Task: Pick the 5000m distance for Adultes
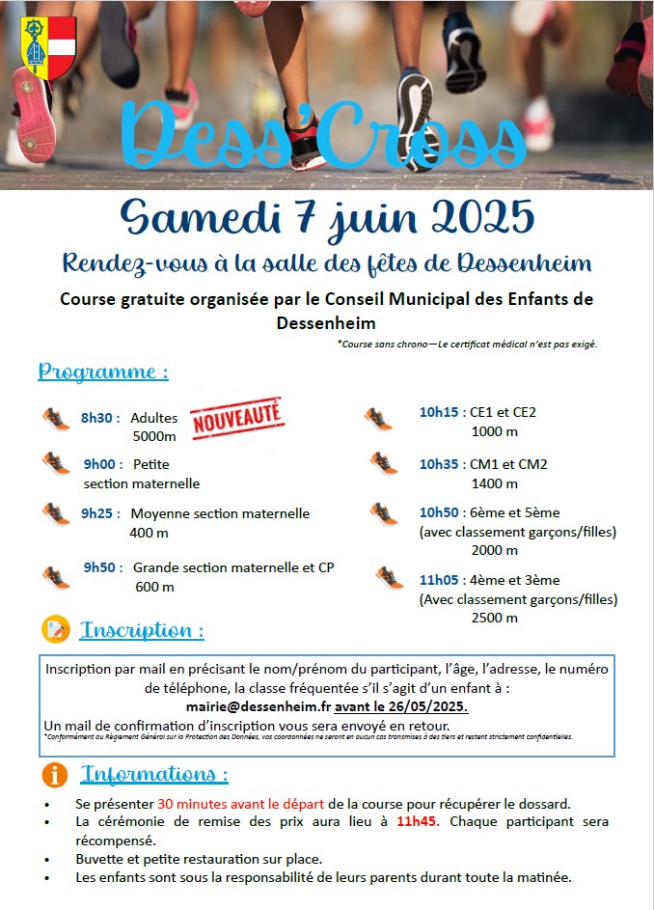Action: coord(153,436)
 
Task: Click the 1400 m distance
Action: coord(495,483)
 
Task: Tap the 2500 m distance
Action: coord(495,618)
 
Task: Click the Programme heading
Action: coord(103,372)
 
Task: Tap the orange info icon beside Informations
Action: coord(56,775)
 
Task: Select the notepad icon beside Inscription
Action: coord(56,630)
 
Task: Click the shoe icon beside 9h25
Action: coord(56,512)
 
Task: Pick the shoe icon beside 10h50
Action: coord(384,512)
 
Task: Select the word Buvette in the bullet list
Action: coord(100,859)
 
